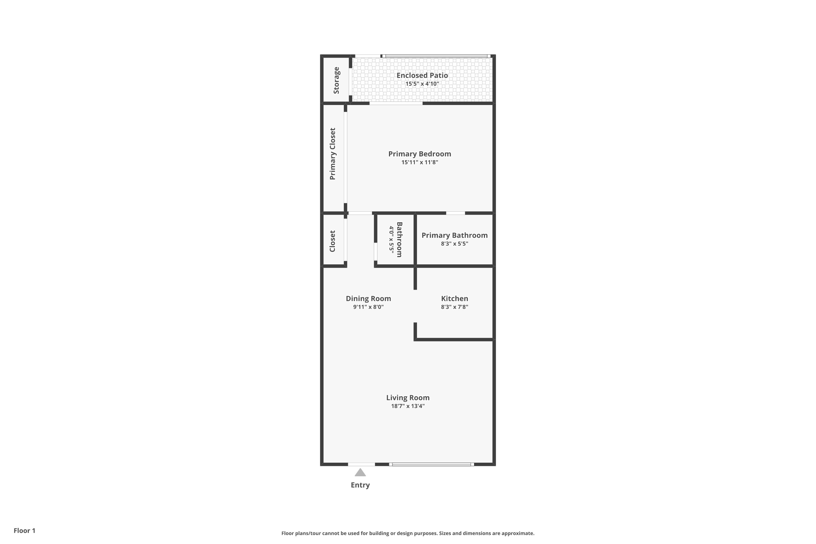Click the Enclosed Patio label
pyautogui.click(x=422, y=75)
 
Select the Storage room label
pyautogui.click(x=336, y=80)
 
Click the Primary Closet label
pyautogui.click(x=332, y=154)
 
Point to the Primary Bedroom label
pyautogui.click(x=419, y=154)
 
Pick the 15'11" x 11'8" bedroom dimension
pyautogui.click(x=419, y=162)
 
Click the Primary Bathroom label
pyautogui.click(x=454, y=235)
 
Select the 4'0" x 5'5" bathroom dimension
pyautogui.click(x=391, y=239)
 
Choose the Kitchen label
pyautogui.click(x=454, y=298)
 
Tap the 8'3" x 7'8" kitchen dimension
pyautogui.click(x=454, y=307)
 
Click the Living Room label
pyautogui.click(x=408, y=398)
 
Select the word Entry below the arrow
pyautogui.click(x=360, y=485)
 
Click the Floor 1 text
pyautogui.click(x=24, y=530)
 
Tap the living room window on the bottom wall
pyautogui.click(x=431, y=464)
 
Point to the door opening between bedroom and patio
pyautogui.click(x=396, y=103)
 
